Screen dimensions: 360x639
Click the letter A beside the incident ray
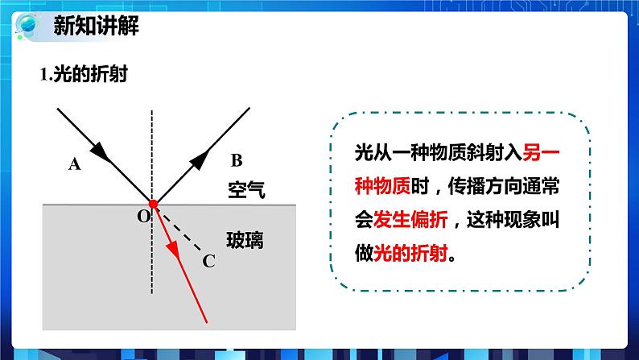pos(76,164)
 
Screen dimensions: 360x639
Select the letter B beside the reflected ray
pos(236,159)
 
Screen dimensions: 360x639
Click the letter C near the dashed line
pos(208,259)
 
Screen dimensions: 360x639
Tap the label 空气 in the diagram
pos(245,190)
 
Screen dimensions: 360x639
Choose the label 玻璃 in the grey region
pos(245,239)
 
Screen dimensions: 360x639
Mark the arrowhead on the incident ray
pos(100,150)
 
